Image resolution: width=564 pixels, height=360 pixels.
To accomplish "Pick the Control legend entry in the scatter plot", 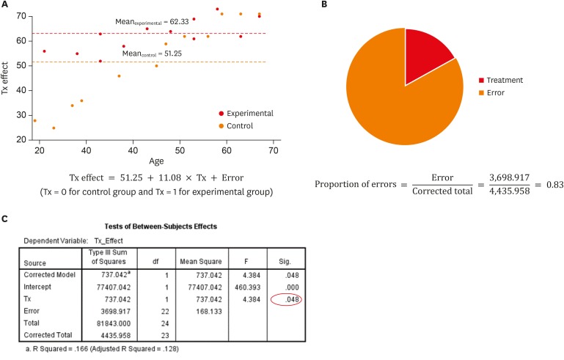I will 241,126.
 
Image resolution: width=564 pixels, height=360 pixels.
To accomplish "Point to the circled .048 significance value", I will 285,301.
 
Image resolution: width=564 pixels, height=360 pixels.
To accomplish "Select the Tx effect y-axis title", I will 7,78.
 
